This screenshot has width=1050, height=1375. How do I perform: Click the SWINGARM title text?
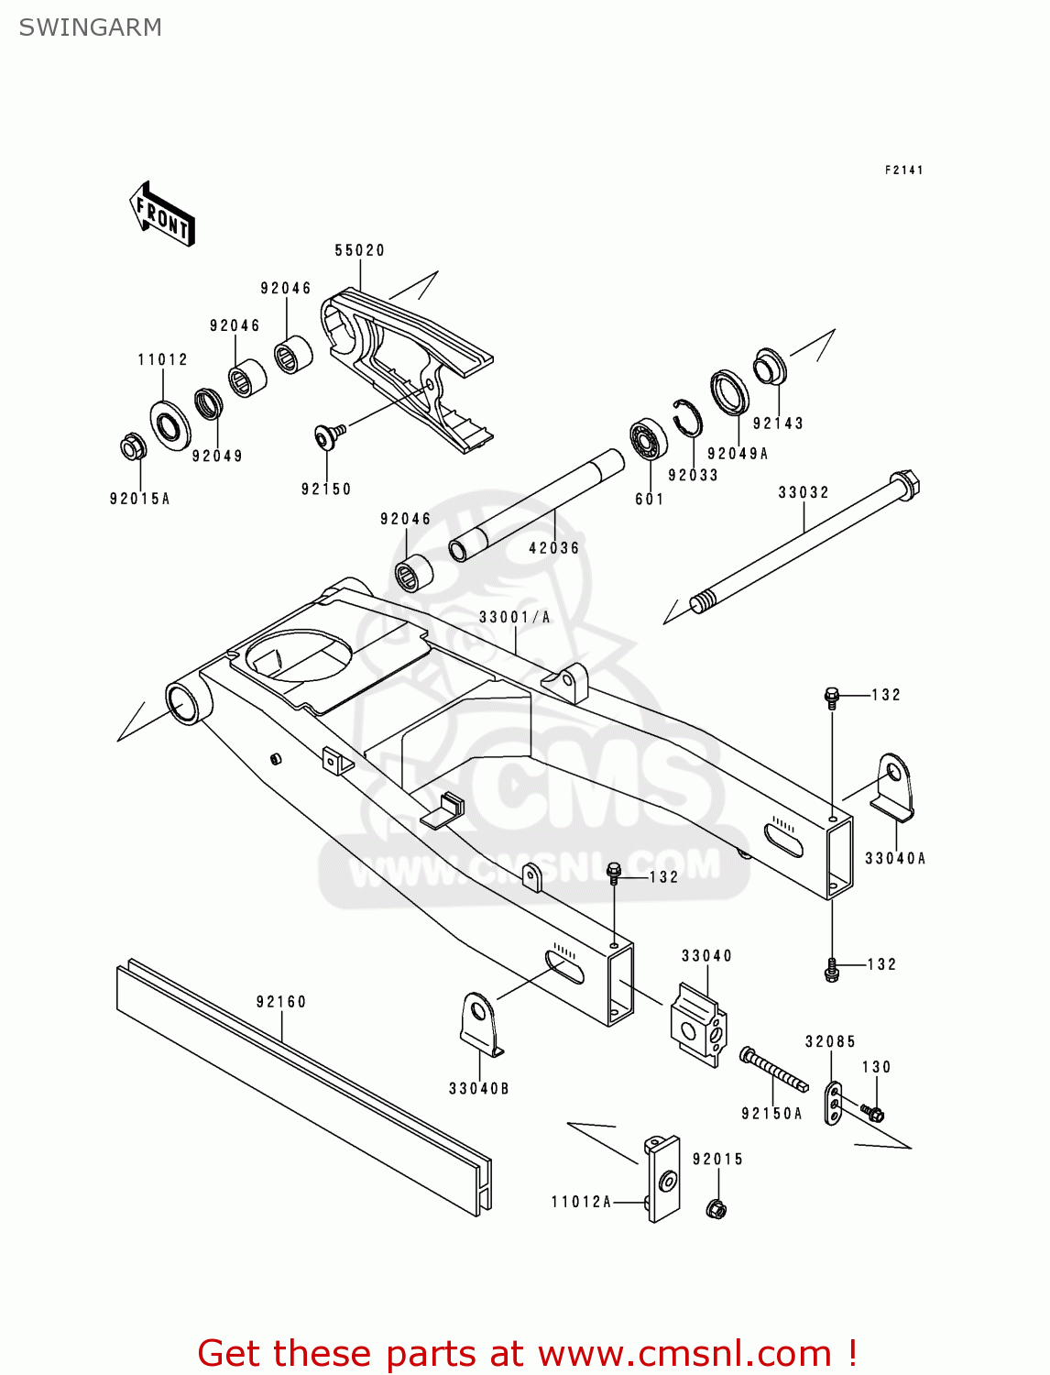click(90, 27)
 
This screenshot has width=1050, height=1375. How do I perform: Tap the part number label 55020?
click(359, 250)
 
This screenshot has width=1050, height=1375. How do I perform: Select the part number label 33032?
click(804, 492)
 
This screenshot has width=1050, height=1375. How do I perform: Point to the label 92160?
click(281, 1002)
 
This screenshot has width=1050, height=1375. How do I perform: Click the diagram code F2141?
click(903, 170)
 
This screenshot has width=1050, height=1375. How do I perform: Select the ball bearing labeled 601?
click(648, 439)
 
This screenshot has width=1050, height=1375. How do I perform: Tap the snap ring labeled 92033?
click(686, 419)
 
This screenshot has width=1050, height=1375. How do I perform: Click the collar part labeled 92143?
click(770, 367)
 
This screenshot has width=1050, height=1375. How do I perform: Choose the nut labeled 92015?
click(717, 1208)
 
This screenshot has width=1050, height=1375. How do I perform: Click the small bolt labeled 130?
click(873, 1114)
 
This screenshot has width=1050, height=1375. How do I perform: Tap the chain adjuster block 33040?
click(699, 1024)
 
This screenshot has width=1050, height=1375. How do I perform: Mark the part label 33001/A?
click(514, 617)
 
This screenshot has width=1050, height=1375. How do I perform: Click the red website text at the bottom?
click(528, 1353)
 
